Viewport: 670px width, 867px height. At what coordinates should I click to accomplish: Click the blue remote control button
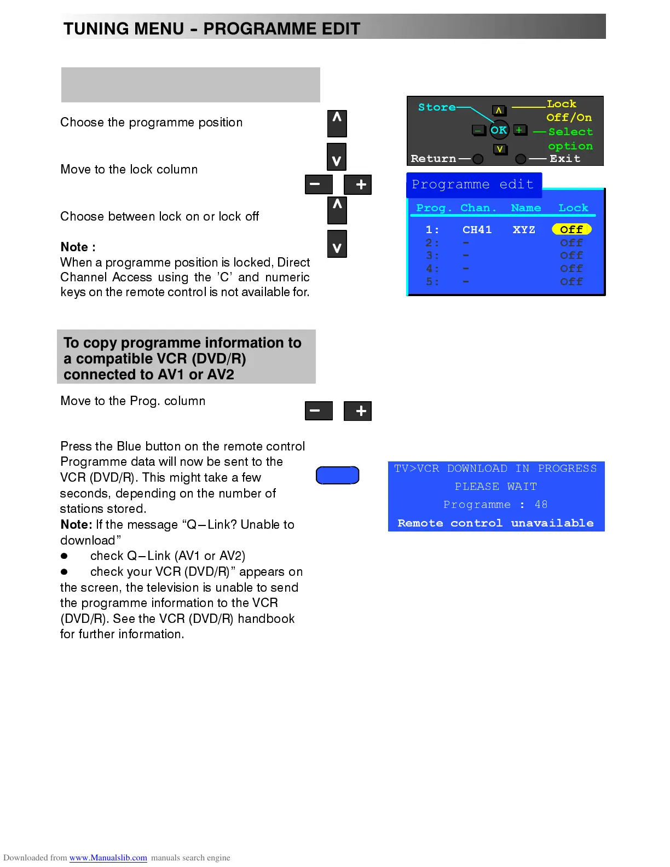pyautogui.click(x=337, y=475)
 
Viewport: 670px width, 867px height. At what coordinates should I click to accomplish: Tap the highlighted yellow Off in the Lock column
pyautogui.click(x=571, y=229)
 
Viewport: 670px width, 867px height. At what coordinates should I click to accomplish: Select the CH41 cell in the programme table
pyautogui.click(x=477, y=230)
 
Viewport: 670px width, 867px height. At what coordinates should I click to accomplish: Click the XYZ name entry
pyautogui.click(x=524, y=230)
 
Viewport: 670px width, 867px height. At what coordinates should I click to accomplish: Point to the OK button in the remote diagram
pyautogui.click(x=499, y=130)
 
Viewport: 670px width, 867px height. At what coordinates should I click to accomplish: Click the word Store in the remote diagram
pyautogui.click(x=437, y=107)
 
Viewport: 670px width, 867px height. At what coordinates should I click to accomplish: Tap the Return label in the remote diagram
pyautogui.click(x=433, y=159)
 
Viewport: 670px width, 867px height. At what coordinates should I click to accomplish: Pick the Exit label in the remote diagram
pyautogui.click(x=565, y=159)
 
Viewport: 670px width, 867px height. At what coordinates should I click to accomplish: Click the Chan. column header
pyautogui.click(x=478, y=208)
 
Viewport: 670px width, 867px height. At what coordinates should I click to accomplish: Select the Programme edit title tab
pyautogui.click(x=473, y=184)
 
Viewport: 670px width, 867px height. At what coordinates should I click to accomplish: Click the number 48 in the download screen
pyautogui.click(x=541, y=505)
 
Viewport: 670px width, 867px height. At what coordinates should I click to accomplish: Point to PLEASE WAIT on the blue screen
pyautogui.click(x=496, y=487)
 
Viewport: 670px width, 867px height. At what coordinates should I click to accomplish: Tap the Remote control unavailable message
pyautogui.click(x=495, y=523)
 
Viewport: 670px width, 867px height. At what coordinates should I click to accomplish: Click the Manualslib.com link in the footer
pyautogui.click(x=108, y=858)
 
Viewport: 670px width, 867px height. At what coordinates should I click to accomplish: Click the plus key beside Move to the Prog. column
pyautogui.click(x=357, y=411)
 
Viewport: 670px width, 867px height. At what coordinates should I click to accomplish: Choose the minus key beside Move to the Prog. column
pyautogui.click(x=319, y=411)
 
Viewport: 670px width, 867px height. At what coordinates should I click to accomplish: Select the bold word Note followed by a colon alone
pyautogui.click(x=78, y=247)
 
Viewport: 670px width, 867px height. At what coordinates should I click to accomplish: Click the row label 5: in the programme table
pyautogui.click(x=432, y=282)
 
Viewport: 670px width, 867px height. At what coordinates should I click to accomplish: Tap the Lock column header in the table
pyautogui.click(x=573, y=208)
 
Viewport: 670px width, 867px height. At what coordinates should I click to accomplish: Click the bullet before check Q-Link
pyautogui.click(x=64, y=556)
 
